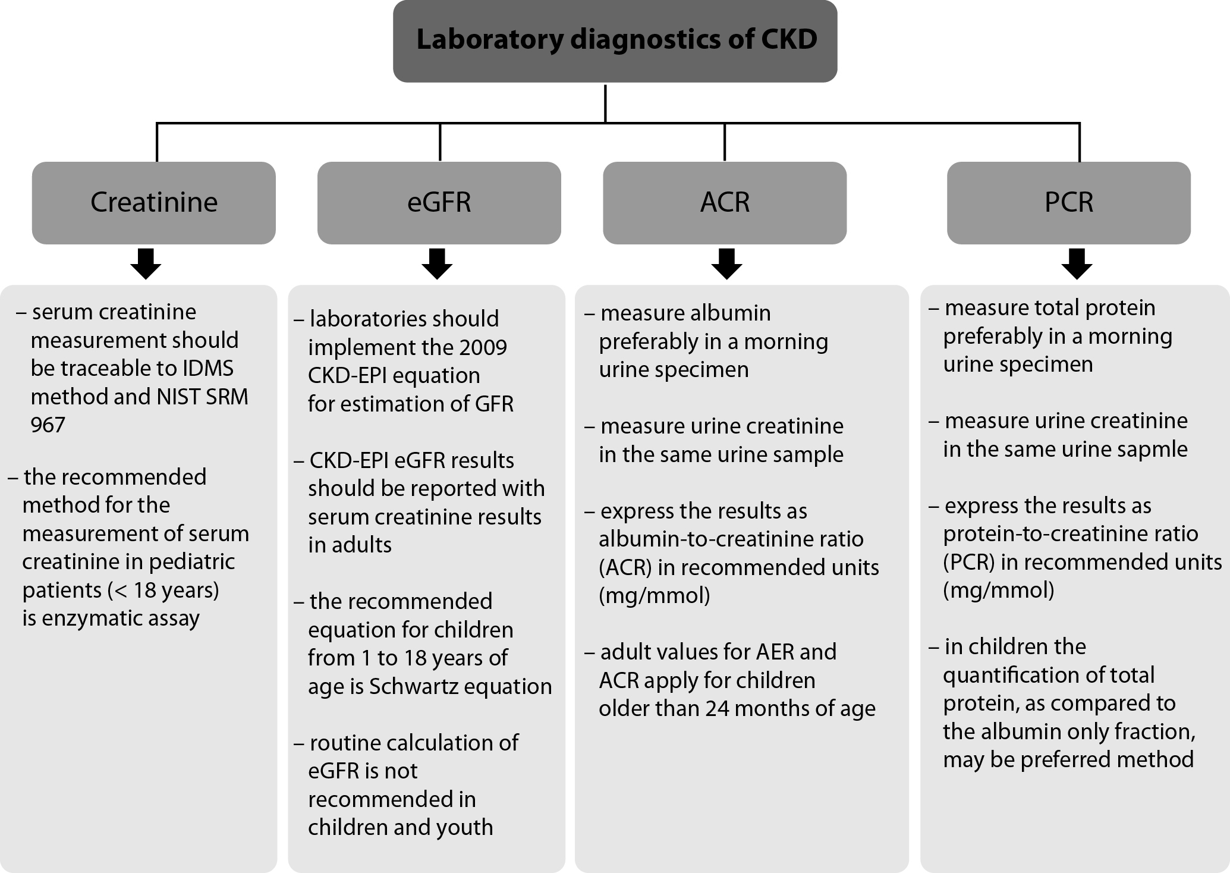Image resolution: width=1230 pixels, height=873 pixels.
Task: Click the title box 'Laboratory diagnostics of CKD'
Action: pos(615,41)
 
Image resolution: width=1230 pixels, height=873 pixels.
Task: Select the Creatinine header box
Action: pos(154,203)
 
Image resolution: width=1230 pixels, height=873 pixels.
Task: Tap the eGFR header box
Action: pos(439,203)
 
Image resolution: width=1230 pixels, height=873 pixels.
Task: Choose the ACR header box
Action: pos(725,203)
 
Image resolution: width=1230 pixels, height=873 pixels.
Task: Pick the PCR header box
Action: pos(1069,203)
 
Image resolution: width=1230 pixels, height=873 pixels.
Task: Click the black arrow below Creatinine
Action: pos(146,264)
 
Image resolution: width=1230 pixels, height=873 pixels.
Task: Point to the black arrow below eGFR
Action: pos(437,264)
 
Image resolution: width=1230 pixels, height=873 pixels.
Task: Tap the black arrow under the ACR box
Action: pos(726,264)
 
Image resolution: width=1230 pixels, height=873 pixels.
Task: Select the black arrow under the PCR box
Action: pos(1077,264)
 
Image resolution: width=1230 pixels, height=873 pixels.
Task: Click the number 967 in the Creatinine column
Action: pos(48,425)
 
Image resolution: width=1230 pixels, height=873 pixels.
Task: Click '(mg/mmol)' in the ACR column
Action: pos(655,596)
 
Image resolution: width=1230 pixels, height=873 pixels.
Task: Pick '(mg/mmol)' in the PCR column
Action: pos(999,591)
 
